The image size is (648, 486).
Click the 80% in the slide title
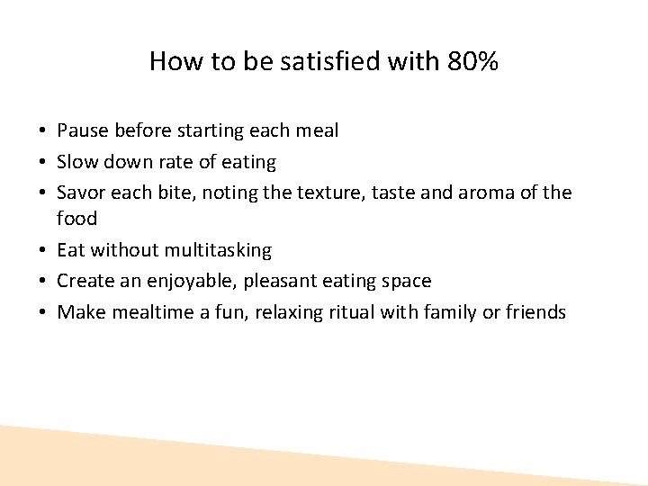(x=471, y=61)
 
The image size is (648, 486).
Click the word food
(x=76, y=218)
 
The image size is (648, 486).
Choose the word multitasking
(x=217, y=250)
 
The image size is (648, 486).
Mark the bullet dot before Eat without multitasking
(x=43, y=250)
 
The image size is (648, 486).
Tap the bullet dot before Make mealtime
(x=43, y=312)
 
